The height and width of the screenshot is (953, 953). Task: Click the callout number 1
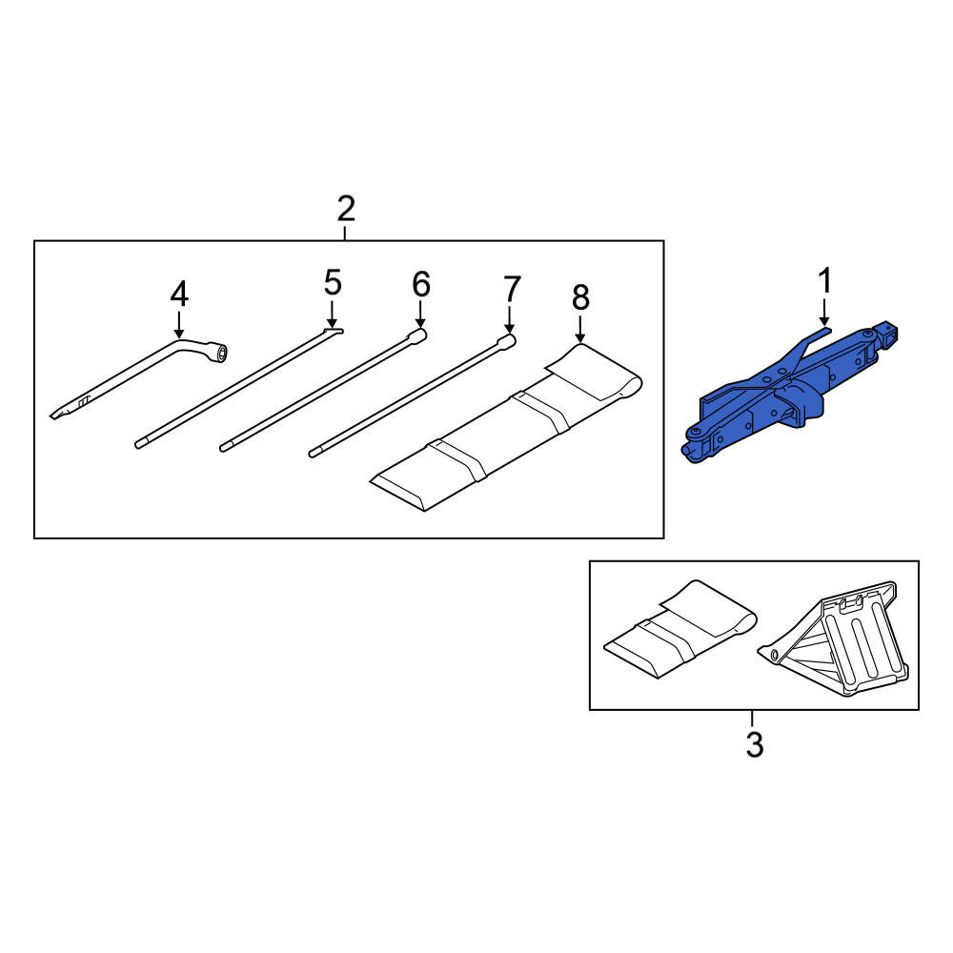click(824, 281)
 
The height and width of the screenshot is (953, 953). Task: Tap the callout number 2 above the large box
click(346, 209)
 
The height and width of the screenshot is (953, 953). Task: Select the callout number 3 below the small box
click(754, 744)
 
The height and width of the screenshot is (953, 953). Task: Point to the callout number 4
click(179, 294)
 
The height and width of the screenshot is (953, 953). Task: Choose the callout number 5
click(333, 283)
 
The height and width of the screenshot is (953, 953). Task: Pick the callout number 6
click(421, 284)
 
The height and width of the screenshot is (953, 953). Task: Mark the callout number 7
click(512, 289)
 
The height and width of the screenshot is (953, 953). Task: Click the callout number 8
click(580, 297)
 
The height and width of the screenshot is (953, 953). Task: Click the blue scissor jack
click(790, 395)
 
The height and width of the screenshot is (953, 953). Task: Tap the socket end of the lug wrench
click(217, 353)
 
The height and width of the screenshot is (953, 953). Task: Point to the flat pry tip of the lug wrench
click(58, 414)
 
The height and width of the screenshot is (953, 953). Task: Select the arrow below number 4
click(179, 325)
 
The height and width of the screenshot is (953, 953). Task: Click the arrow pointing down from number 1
click(824, 312)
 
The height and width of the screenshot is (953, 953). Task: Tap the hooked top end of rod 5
click(333, 332)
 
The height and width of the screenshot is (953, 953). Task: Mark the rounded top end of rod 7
click(508, 340)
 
